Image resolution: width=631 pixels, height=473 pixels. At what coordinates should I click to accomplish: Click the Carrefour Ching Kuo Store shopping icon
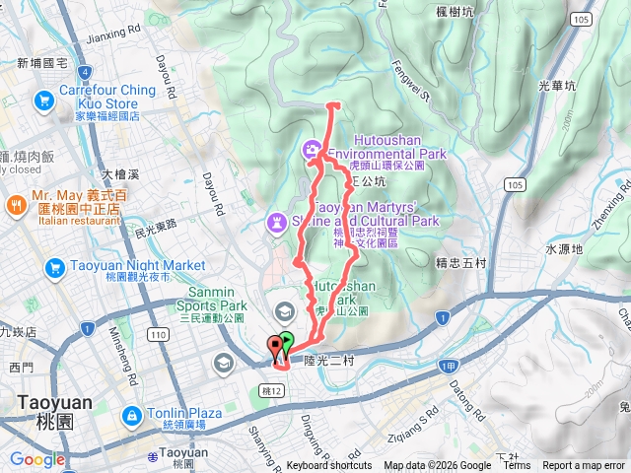click(x=44, y=100)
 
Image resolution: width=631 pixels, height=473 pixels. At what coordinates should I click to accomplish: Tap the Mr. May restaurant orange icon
click(x=17, y=205)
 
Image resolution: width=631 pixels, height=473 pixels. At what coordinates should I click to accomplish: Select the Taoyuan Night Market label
click(x=137, y=266)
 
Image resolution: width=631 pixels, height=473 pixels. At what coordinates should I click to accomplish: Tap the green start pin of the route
click(x=287, y=344)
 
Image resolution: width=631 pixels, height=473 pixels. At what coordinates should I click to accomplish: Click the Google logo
click(x=37, y=459)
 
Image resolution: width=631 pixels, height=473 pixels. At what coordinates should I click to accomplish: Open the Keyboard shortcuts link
click(x=329, y=466)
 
